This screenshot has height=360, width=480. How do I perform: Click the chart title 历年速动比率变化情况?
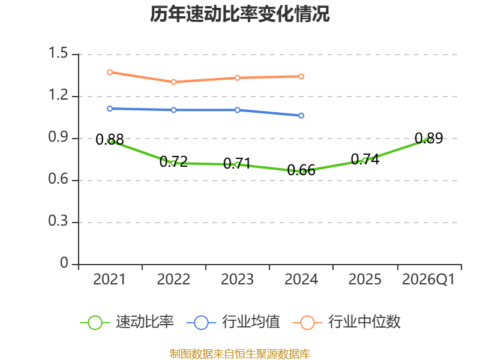click(x=239, y=14)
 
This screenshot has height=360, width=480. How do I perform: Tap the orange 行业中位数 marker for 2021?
click(x=110, y=72)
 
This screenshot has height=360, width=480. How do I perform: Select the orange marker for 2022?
click(x=173, y=82)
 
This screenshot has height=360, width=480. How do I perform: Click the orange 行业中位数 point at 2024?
click(x=301, y=76)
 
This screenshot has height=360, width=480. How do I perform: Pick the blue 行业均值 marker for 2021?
click(x=110, y=109)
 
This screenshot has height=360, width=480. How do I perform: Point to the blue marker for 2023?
click(x=237, y=110)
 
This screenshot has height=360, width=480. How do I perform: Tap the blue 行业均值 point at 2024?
click(x=301, y=116)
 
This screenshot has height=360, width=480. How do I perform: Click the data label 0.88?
click(x=110, y=140)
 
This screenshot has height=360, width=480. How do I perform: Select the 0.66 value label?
click(x=301, y=170)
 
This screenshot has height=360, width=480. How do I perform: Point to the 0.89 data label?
click(x=429, y=139)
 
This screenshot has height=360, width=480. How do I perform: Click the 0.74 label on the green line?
click(x=365, y=159)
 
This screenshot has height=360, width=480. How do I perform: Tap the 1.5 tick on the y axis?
click(x=58, y=53)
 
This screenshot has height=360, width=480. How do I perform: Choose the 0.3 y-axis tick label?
click(x=58, y=221)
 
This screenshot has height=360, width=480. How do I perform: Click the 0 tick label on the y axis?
click(x=64, y=263)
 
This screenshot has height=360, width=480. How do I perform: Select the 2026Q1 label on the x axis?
click(x=428, y=280)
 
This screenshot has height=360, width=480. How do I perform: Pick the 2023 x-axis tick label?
click(x=237, y=280)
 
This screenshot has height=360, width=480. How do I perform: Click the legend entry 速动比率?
click(x=127, y=322)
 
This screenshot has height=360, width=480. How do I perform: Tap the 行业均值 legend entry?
click(x=233, y=322)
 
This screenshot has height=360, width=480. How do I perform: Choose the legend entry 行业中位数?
click(x=347, y=322)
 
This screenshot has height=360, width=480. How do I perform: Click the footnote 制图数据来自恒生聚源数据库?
click(x=240, y=354)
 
